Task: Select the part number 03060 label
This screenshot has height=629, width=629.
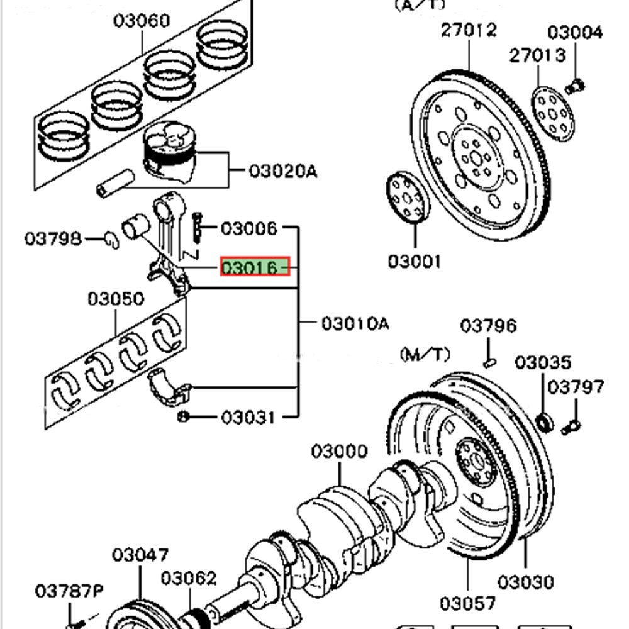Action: pos(142,21)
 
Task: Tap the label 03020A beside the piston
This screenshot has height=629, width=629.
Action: pos(282,170)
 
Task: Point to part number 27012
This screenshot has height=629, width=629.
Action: pos(468,30)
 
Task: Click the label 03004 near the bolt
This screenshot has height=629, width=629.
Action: pos(575,31)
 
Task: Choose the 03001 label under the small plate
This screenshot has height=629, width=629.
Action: pos(415,261)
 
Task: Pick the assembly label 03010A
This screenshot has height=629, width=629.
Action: pos(355,324)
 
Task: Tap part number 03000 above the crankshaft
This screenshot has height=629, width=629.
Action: pos(339,452)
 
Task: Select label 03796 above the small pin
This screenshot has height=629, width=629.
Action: pos(488,326)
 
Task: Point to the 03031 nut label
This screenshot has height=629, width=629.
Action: pos(248,417)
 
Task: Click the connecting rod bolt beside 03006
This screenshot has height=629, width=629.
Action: pos(198,226)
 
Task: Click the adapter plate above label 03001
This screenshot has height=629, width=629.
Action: pos(406,198)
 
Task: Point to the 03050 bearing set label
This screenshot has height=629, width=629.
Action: pos(115,299)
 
